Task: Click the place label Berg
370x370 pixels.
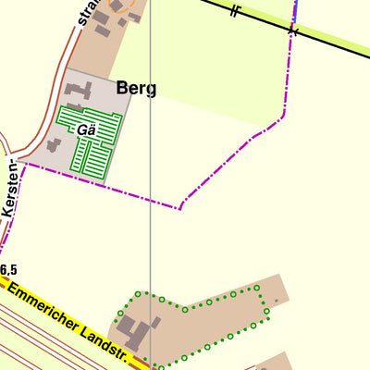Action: click(x=136, y=89)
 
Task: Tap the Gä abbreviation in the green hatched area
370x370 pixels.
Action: click(x=87, y=129)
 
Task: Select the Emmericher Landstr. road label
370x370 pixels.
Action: click(x=69, y=319)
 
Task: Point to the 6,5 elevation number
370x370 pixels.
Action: click(x=8, y=269)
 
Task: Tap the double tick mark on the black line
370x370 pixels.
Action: click(x=236, y=11)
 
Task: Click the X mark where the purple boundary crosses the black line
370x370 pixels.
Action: click(x=293, y=31)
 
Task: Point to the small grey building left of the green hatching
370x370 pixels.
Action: click(x=54, y=145)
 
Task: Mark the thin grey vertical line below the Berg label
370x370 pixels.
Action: click(x=151, y=185)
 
